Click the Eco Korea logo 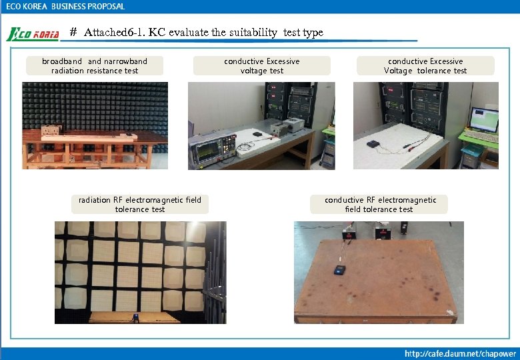(x=33, y=34)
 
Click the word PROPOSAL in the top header (x=103, y=6)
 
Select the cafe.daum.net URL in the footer (x=460, y=353)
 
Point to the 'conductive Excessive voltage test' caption (x=262, y=66)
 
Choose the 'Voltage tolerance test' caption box (x=425, y=66)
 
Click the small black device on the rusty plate (x=341, y=269)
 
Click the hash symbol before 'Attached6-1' (x=74, y=32)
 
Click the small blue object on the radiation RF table (x=136, y=316)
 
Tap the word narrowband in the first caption (x=125, y=61)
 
